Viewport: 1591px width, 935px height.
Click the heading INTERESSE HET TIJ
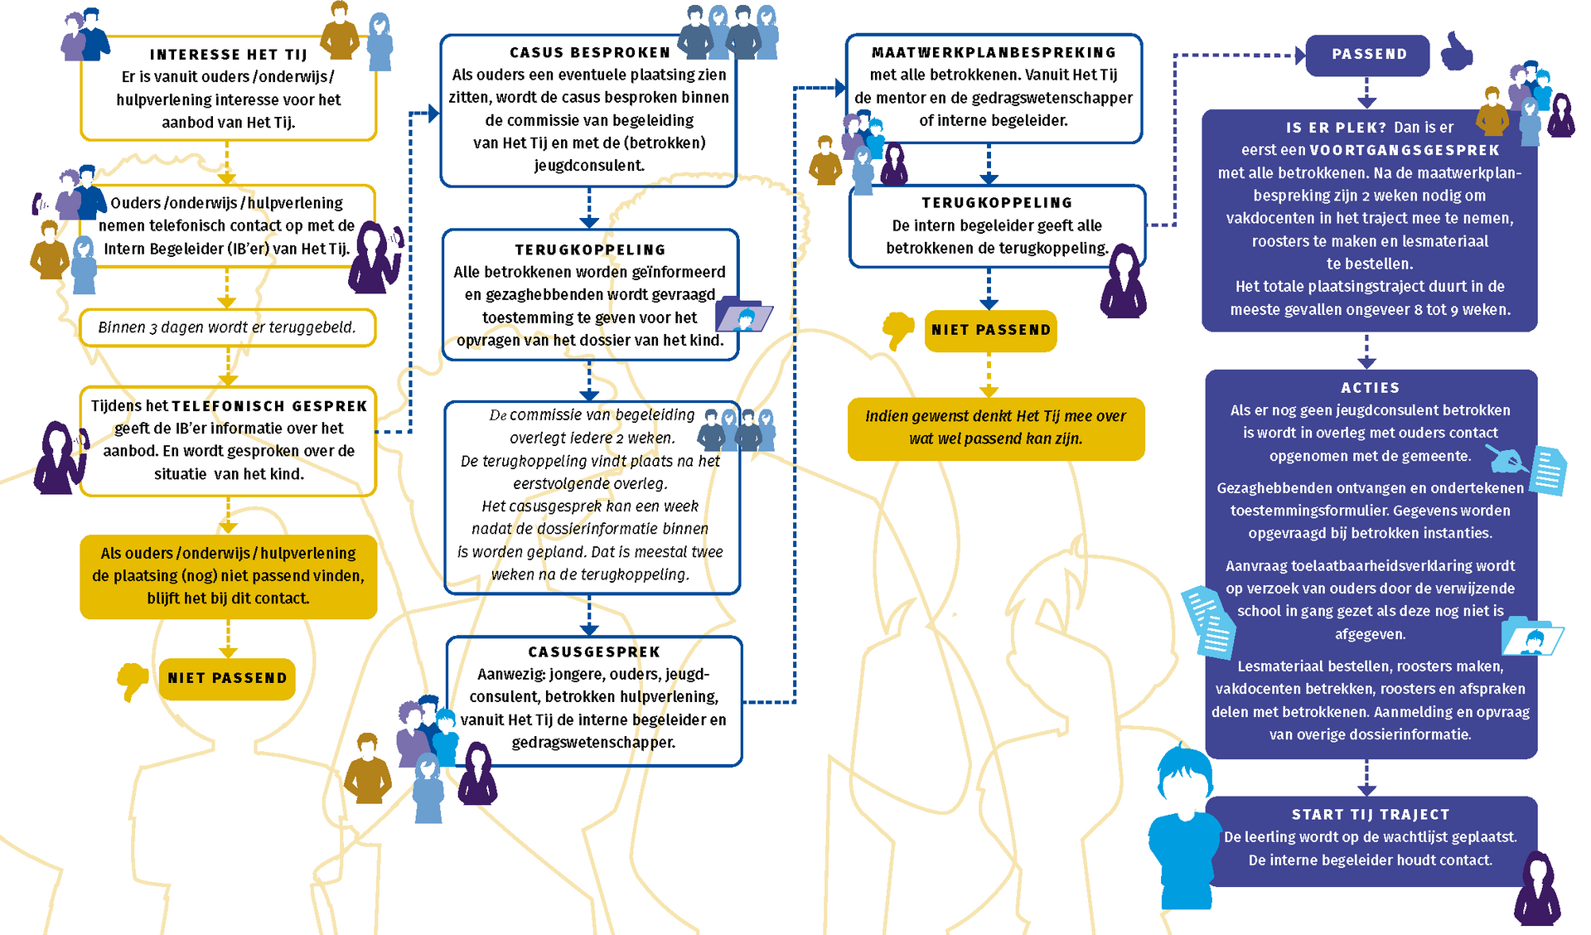click(x=228, y=55)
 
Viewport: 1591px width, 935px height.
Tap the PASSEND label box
click(x=1368, y=55)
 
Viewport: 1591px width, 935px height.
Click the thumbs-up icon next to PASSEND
click(x=1457, y=51)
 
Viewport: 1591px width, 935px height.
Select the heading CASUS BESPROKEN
click(x=589, y=52)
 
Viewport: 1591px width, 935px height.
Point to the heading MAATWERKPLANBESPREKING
click(x=994, y=52)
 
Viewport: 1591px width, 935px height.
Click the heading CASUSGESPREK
click(x=594, y=652)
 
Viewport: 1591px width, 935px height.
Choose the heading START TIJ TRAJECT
click(x=1371, y=814)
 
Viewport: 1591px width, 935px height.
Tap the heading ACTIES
click(x=1371, y=387)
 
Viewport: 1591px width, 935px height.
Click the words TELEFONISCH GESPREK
click(x=269, y=405)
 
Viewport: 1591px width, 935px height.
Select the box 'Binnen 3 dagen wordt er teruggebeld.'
click(x=228, y=327)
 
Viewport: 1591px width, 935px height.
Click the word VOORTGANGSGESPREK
click(x=1405, y=150)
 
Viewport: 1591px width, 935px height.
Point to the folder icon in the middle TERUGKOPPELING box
click(x=743, y=314)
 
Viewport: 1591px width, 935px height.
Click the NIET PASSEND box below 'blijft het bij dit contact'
click(x=227, y=678)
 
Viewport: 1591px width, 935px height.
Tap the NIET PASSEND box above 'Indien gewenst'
click(x=990, y=330)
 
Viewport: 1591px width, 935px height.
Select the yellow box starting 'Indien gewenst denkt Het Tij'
click(x=996, y=429)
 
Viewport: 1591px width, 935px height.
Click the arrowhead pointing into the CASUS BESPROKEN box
click(x=433, y=114)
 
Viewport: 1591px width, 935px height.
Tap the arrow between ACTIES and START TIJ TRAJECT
click(x=1367, y=778)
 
